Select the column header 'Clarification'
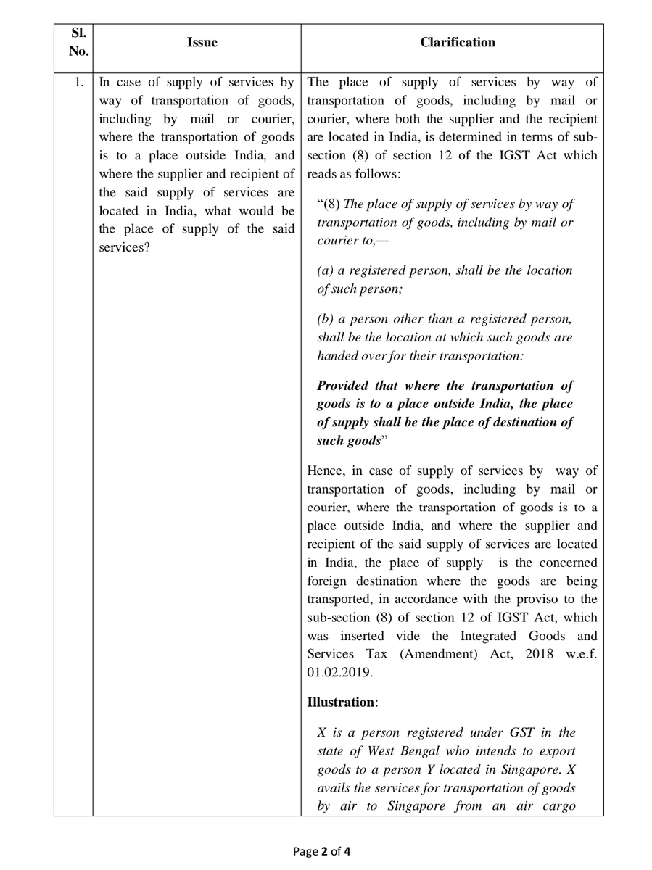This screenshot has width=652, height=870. (x=458, y=43)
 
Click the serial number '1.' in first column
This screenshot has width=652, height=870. (x=78, y=82)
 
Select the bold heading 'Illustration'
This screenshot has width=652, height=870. (x=340, y=703)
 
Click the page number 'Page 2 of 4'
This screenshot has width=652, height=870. (x=326, y=852)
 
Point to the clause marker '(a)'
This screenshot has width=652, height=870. (x=326, y=270)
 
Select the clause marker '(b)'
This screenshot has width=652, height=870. (x=326, y=318)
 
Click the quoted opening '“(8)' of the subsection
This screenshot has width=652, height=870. (x=330, y=204)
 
